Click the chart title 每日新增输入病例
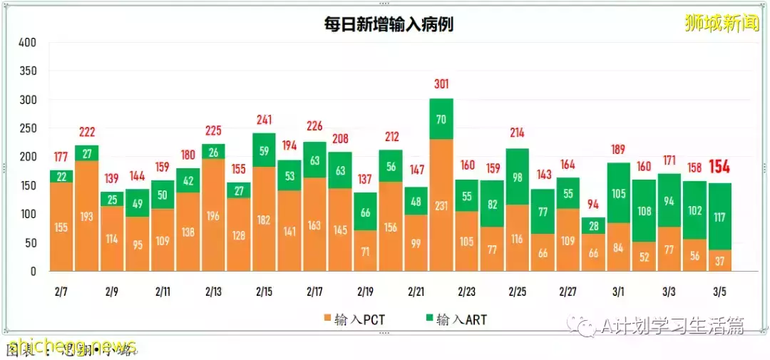[388, 24]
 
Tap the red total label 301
[441, 85]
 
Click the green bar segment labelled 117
[719, 217]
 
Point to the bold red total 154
[720, 168]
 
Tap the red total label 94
[593, 205]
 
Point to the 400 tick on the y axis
[27, 43]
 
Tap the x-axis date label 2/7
[61, 292]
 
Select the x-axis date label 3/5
[720, 292]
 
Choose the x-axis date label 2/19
[365, 292]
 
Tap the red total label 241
[264, 120]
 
